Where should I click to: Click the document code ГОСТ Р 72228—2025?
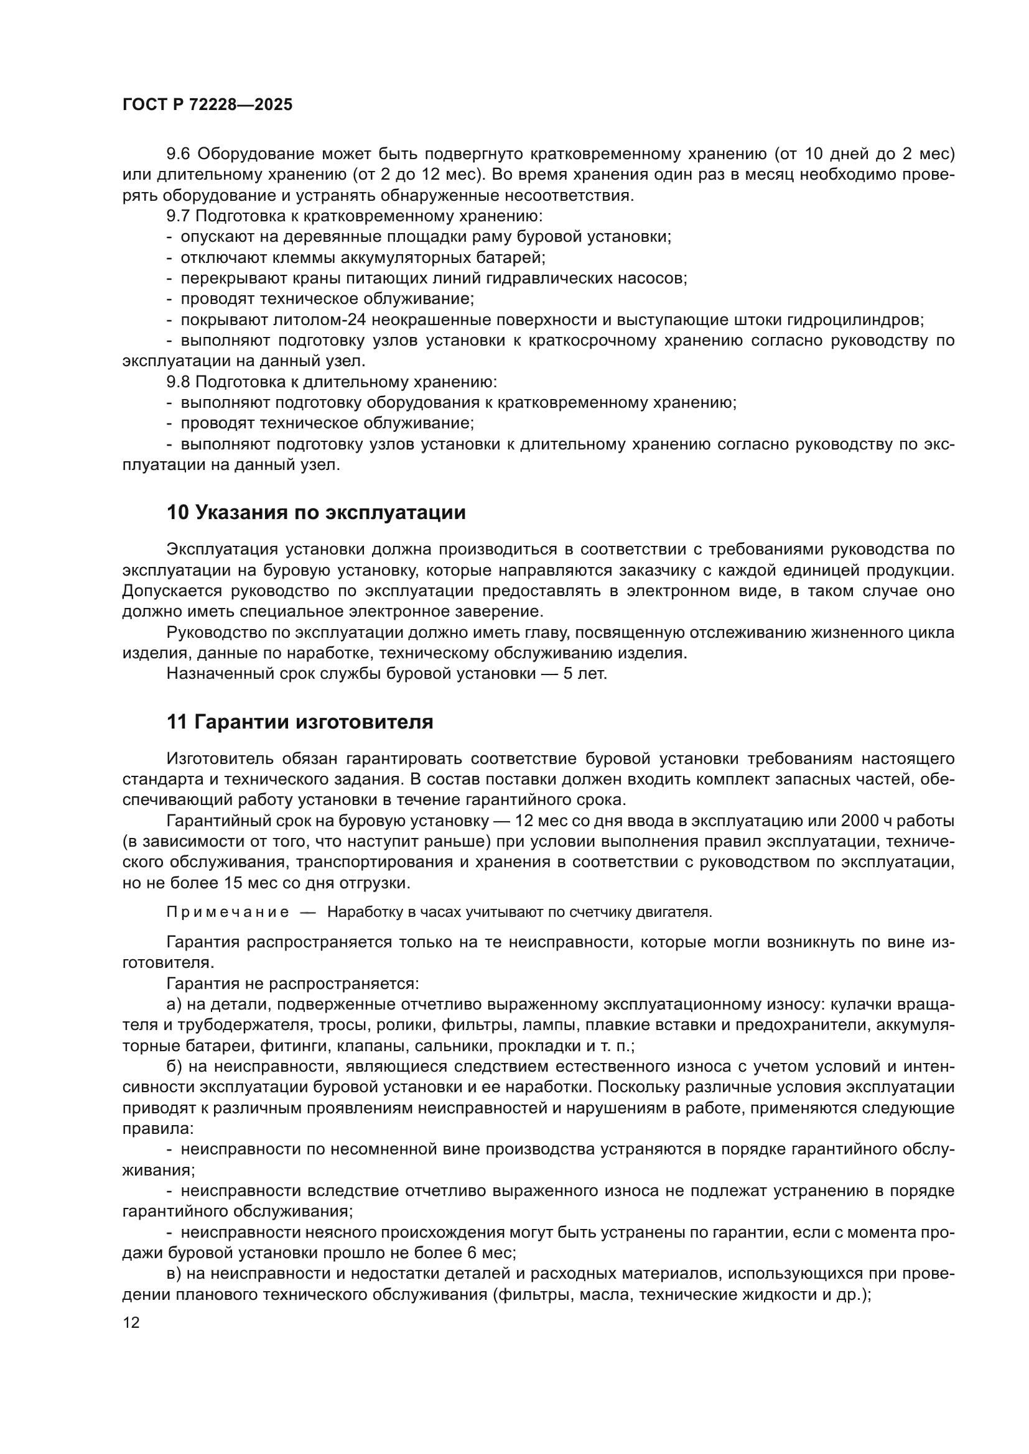pyautogui.click(x=207, y=105)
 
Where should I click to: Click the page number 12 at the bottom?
pyautogui.click(x=131, y=1323)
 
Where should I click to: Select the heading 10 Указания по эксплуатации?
pyautogui.click(x=315, y=512)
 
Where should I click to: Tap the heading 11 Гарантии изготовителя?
pyautogui.click(x=300, y=722)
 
